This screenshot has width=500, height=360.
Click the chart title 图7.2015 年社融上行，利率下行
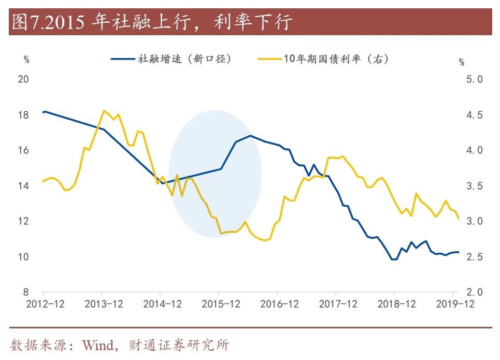point(152,22)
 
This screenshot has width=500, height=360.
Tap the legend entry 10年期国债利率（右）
point(336,59)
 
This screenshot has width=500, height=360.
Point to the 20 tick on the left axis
point(23,79)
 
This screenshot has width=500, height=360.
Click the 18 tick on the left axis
point(23,115)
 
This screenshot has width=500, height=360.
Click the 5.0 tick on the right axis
point(473,79)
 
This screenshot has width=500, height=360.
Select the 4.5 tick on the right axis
point(473,115)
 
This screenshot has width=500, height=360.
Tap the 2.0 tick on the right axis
point(473,292)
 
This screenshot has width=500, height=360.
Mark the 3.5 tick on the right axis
point(473,186)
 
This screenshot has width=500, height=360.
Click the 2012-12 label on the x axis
point(46,304)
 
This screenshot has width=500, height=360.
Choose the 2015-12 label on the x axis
point(221,304)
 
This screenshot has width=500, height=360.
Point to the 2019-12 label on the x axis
point(455,304)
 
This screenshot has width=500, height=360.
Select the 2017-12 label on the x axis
point(338,304)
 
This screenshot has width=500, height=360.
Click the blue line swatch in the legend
point(122,59)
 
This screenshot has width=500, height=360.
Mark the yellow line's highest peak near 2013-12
point(104,110)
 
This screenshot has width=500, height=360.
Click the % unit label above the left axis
point(26,60)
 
